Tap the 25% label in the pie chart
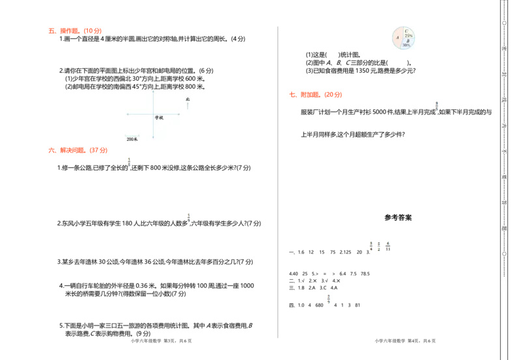pyautogui.click(x=408, y=35)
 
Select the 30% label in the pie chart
pyautogui.click(x=406, y=46)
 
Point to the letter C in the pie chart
pyautogui.click(x=406, y=31)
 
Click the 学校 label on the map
pyautogui.click(x=159, y=118)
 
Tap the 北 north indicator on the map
pyautogui.click(x=188, y=99)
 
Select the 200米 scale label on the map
pyautogui.click(x=132, y=139)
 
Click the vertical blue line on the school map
pyautogui.click(x=153, y=124)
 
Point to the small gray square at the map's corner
pyautogui.click(x=122, y=92)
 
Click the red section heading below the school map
pyautogui.click(x=78, y=151)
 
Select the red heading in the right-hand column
pyautogui.click(x=315, y=94)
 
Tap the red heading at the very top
pyautogui.click(x=76, y=31)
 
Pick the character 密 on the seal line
pyautogui.click(x=504, y=48)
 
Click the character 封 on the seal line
pyautogui.click(x=504, y=74)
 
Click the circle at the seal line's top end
pyautogui.click(x=504, y=23)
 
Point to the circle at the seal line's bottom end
pyautogui.click(x=504, y=254)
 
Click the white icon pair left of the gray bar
pyautogui.click(x=378, y=245)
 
